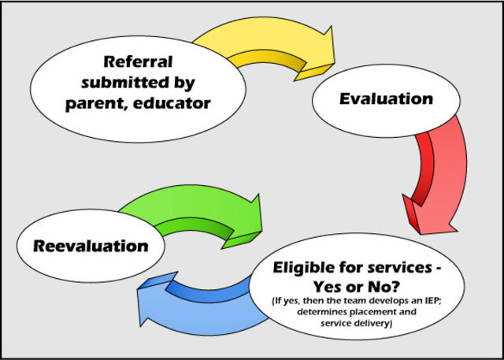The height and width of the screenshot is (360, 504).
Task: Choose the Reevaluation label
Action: tap(91, 246)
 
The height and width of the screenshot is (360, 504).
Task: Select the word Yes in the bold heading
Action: tap(346, 285)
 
